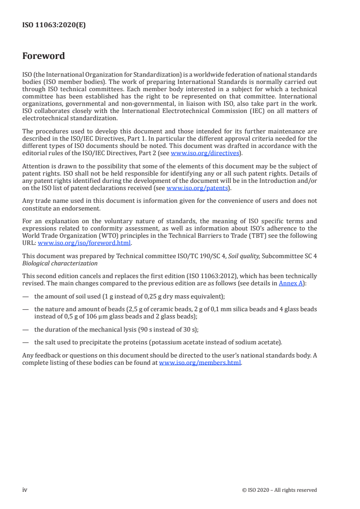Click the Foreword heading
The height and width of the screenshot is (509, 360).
(44, 56)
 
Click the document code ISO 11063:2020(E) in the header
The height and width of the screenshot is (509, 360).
(54, 25)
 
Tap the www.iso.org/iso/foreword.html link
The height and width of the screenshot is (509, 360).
(84, 243)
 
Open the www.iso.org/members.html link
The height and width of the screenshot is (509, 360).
(200, 363)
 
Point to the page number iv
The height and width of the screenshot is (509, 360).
(25, 489)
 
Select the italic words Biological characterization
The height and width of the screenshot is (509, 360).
(60, 263)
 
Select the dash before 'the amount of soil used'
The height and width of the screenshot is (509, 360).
(25, 296)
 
